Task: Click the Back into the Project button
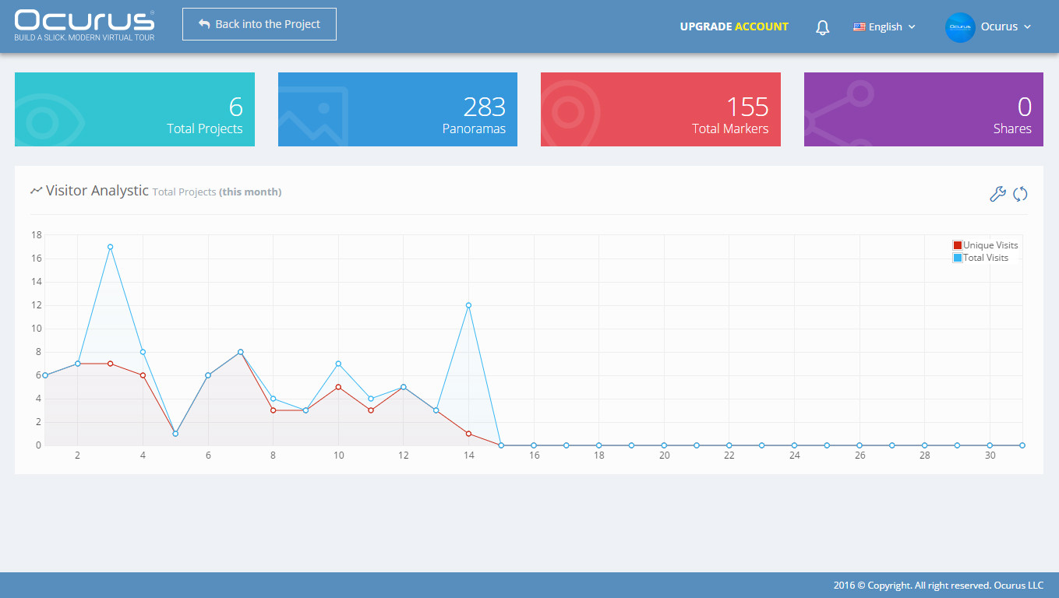pyautogui.click(x=259, y=24)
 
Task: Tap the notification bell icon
pyautogui.click(x=822, y=27)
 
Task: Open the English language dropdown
pyautogui.click(x=884, y=27)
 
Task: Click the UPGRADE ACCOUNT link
pyautogui.click(x=734, y=26)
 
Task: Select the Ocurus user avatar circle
pyautogui.click(x=960, y=27)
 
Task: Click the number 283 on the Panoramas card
pyautogui.click(x=484, y=107)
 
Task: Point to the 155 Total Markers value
pyautogui.click(x=747, y=107)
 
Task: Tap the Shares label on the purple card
pyautogui.click(x=1011, y=128)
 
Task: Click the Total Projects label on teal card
pyautogui.click(x=204, y=129)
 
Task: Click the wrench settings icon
pyautogui.click(x=997, y=194)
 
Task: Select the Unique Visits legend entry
pyautogui.click(x=985, y=245)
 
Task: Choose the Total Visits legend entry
pyautogui.click(x=980, y=258)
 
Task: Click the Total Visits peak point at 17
pyautogui.click(x=110, y=247)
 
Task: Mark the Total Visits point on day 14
pyautogui.click(x=468, y=305)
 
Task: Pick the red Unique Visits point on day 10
pyautogui.click(x=338, y=387)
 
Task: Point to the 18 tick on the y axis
pyautogui.click(x=37, y=234)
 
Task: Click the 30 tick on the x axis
pyautogui.click(x=990, y=456)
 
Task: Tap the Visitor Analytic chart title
pyautogui.click(x=97, y=190)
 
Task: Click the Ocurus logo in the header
pyautogui.click(x=84, y=26)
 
